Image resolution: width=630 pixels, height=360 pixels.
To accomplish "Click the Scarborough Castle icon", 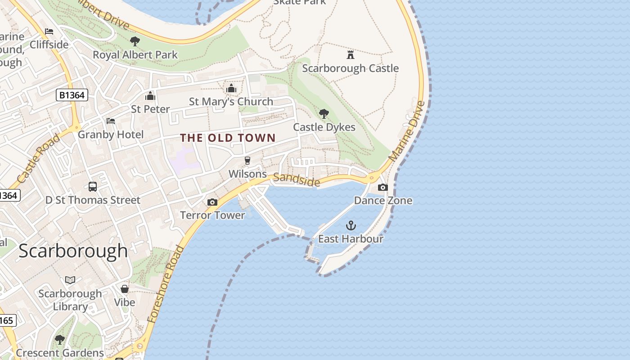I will (350, 55).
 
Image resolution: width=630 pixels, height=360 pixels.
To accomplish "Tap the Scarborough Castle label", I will (350, 68).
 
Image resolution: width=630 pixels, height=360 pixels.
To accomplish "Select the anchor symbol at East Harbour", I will (351, 225).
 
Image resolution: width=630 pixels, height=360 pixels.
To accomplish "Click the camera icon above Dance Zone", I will (383, 187).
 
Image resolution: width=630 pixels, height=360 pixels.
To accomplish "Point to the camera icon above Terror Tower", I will (212, 202).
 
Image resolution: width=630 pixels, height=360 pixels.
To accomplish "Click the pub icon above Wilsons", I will (247, 161).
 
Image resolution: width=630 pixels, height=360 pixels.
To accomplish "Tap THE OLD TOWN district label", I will (228, 138).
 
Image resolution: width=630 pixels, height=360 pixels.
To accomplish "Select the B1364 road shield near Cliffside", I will (72, 95).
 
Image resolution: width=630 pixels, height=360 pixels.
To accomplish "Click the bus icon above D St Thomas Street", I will (93, 186).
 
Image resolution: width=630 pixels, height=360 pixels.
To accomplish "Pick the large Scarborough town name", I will (73, 251).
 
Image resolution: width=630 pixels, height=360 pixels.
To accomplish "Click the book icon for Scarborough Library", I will (70, 280).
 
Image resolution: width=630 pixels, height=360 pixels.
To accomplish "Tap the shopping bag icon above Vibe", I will (125, 289).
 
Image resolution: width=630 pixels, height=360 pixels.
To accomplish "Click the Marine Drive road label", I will (407, 131).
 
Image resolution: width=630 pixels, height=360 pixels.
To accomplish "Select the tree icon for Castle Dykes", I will (324, 114).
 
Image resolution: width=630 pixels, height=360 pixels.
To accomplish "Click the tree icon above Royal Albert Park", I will (135, 41).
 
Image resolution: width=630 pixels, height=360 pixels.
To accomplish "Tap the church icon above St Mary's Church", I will (231, 88).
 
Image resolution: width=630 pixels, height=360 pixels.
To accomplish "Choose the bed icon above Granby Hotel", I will (111, 121).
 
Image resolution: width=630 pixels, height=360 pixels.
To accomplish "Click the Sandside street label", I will (297, 180).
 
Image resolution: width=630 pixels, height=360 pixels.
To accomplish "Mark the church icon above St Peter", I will (150, 96).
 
